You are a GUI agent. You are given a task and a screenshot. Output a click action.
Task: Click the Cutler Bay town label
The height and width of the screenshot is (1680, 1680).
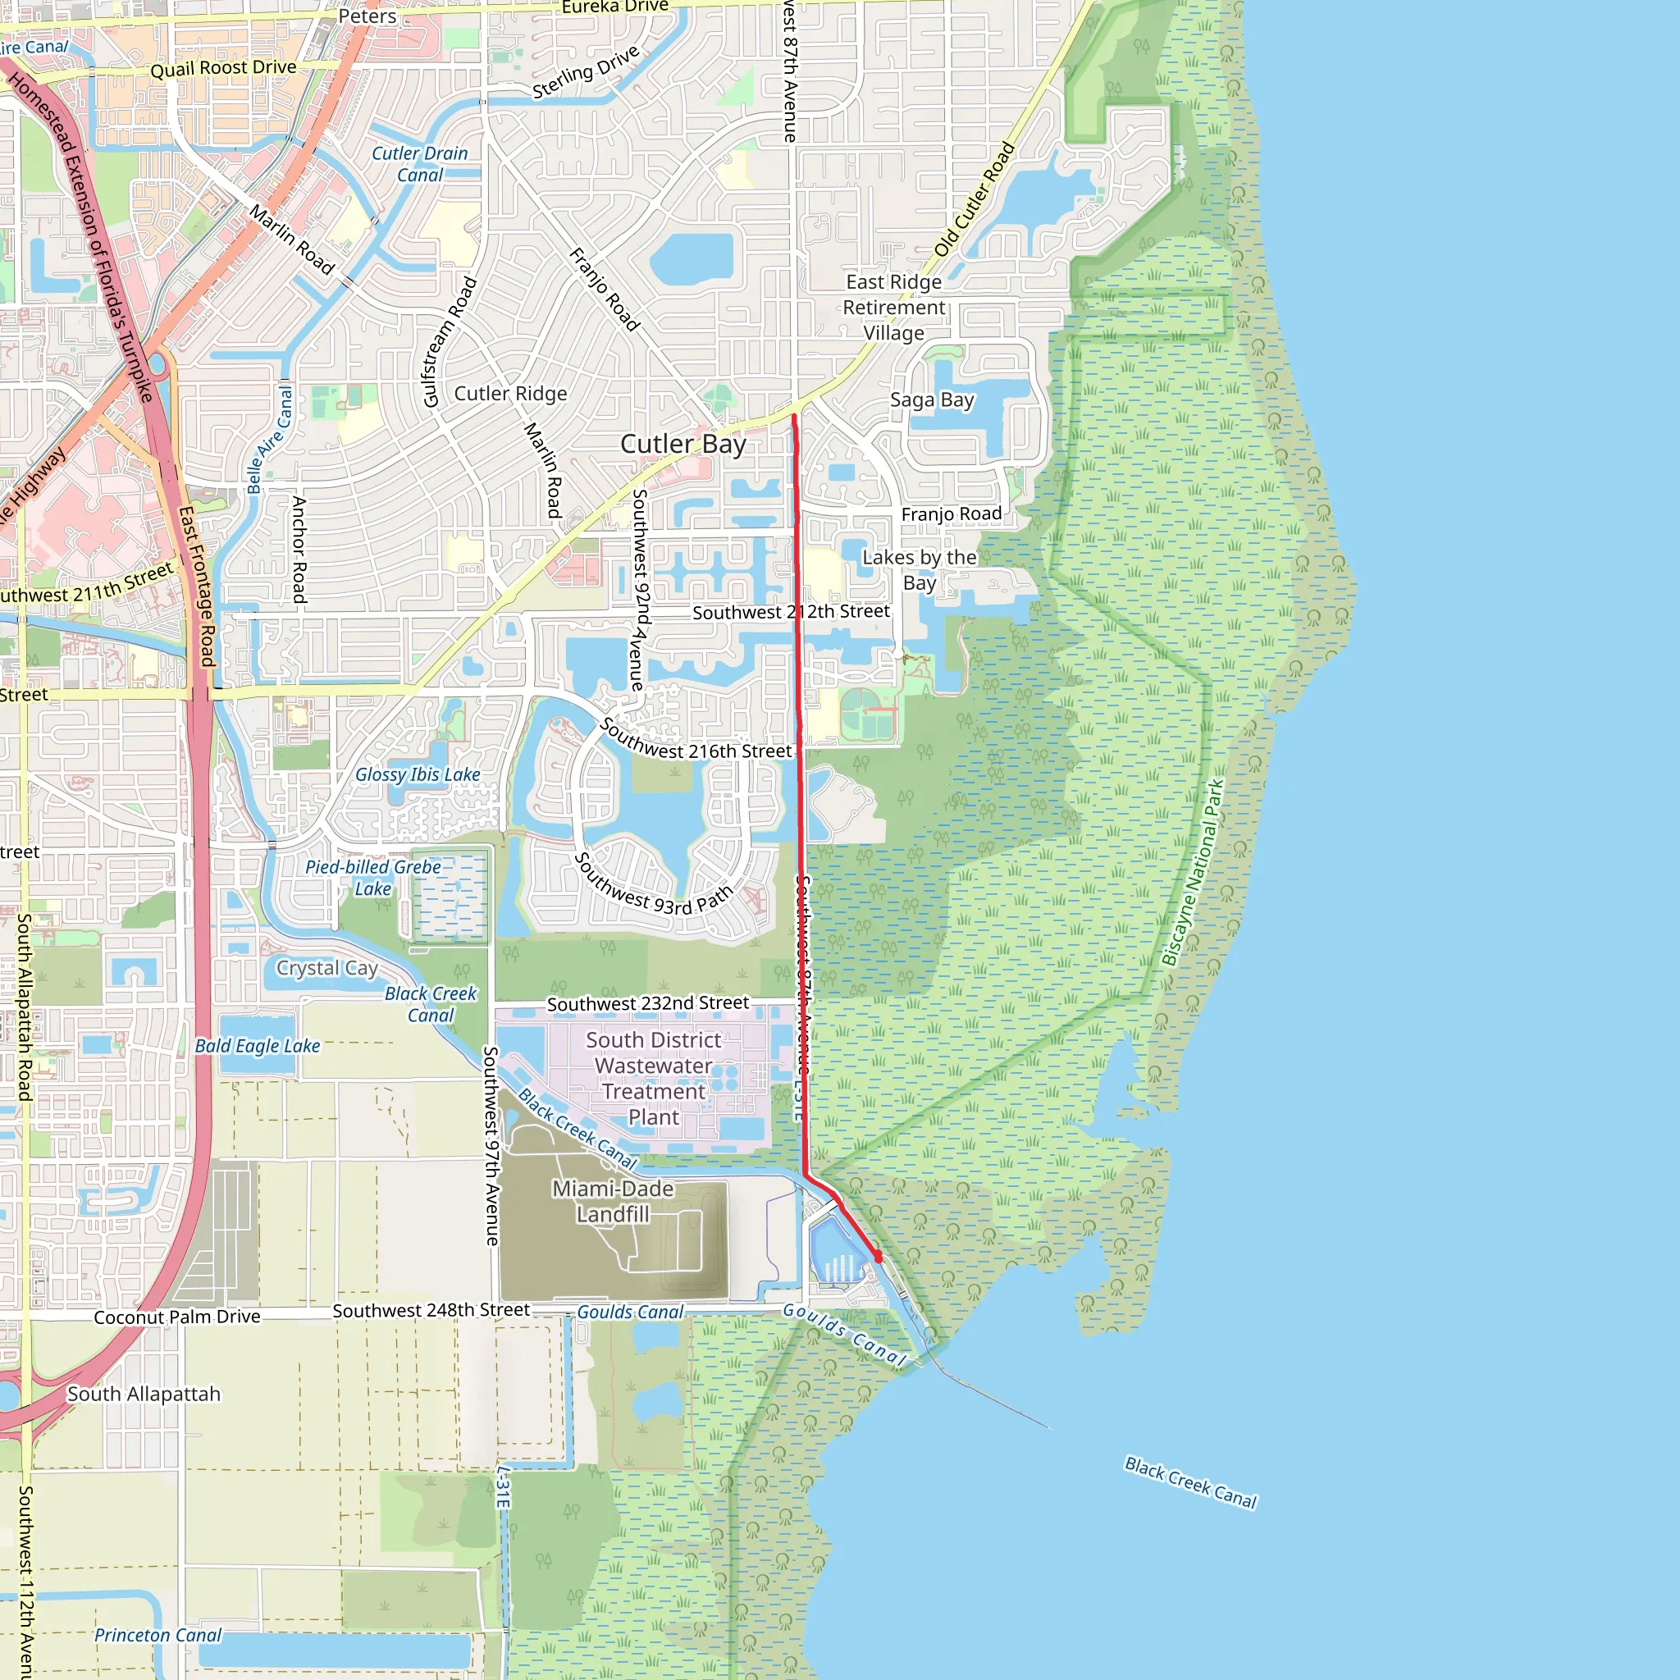coord(682,445)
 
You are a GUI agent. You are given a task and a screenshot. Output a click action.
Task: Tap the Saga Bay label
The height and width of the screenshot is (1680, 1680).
coord(932,400)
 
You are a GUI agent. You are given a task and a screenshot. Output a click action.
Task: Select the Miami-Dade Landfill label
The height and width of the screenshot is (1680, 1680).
coord(613,1201)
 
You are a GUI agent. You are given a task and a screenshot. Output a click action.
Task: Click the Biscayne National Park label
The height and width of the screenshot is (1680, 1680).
coord(1193,873)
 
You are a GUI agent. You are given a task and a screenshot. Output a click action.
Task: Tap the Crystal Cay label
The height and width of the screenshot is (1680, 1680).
coord(327,968)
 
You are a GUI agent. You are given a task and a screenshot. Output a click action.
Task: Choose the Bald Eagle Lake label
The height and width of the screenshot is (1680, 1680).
coord(258,1046)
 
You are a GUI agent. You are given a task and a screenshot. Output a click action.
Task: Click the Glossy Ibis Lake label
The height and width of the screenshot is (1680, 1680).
coord(418,774)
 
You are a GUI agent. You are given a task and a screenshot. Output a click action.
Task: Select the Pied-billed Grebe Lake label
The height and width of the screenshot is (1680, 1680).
coord(373,878)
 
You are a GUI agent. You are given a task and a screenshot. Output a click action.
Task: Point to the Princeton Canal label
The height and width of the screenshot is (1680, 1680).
coord(157,1636)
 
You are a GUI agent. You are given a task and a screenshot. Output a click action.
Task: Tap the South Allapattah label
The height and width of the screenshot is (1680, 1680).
coord(144,1394)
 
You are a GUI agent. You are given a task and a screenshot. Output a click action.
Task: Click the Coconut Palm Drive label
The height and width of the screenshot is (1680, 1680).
coord(177,1317)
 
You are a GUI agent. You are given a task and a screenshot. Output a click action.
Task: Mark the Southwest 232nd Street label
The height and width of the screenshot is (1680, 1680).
coord(648,1003)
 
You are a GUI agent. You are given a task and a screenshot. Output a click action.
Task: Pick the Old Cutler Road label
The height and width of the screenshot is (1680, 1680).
coord(974,199)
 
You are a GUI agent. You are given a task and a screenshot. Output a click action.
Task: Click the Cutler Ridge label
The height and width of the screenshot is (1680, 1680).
coord(510,394)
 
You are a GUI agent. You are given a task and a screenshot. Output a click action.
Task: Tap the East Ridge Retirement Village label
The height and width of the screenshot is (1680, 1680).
coord(894,308)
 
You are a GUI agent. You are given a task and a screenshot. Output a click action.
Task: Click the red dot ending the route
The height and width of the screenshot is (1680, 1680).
coord(878,1257)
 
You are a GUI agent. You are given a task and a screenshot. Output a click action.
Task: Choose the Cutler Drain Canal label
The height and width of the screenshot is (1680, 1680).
coord(420,164)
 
